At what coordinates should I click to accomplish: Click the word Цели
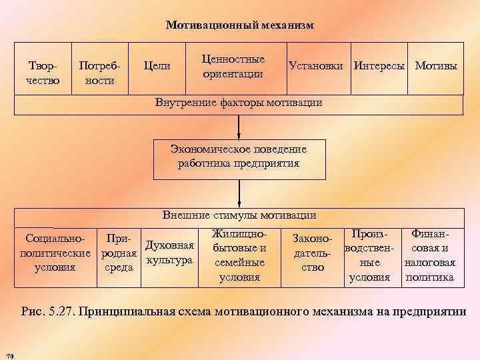tap(157, 67)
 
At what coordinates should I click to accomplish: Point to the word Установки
tap(316, 67)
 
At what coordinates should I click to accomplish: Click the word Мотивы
tap(436, 67)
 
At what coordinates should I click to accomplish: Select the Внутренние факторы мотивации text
tap(238, 103)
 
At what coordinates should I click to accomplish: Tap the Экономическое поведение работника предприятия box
tap(238, 159)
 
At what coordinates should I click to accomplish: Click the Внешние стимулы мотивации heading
tap(239, 215)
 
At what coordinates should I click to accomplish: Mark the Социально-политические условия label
tap(55, 253)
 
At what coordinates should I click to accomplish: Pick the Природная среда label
tap(118, 253)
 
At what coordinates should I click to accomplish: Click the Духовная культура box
tap(169, 253)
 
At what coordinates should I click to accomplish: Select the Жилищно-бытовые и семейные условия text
tap(239, 256)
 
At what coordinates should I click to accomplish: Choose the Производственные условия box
tap(370, 256)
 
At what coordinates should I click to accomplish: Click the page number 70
tap(9, 352)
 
